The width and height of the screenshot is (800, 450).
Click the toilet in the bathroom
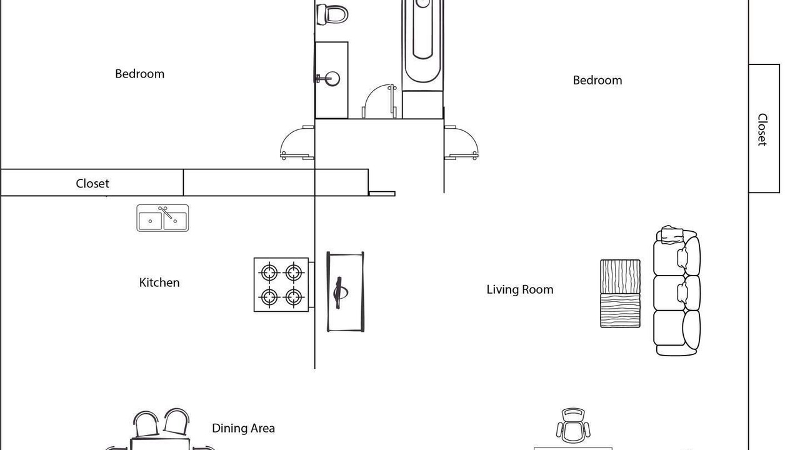pyautogui.click(x=332, y=14)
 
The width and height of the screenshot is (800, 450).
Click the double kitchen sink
pyautogui.click(x=162, y=218)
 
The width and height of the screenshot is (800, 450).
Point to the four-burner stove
pyautogui.click(x=281, y=284)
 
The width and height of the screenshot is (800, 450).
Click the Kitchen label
pyautogui.click(x=159, y=282)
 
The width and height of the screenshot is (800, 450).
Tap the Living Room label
pyautogui.click(x=520, y=289)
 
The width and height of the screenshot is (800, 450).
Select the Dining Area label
pyautogui.click(x=243, y=428)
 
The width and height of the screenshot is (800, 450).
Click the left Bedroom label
pyautogui.click(x=139, y=74)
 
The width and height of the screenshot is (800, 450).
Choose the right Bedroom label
pyautogui.click(x=597, y=81)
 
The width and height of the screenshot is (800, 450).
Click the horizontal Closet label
pyautogui.click(x=92, y=184)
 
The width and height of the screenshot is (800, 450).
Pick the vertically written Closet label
pyautogui.click(x=762, y=129)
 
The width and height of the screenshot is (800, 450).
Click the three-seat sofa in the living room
pyautogui.click(x=677, y=291)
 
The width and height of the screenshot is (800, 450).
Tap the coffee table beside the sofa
pyautogui.click(x=621, y=294)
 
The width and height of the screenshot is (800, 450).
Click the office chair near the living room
pyautogui.click(x=573, y=426)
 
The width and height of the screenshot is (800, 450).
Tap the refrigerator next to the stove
pyautogui.click(x=346, y=291)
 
